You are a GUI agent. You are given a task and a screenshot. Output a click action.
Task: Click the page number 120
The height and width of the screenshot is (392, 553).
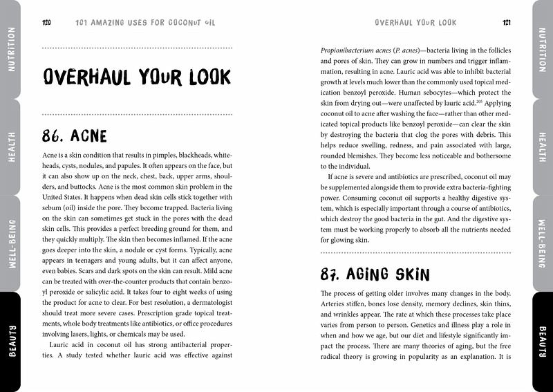tap(46, 22)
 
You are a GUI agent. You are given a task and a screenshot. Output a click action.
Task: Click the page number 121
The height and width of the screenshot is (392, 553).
tap(507, 22)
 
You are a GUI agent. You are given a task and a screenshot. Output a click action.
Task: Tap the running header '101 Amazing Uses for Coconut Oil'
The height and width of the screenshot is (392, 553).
tap(145, 22)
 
